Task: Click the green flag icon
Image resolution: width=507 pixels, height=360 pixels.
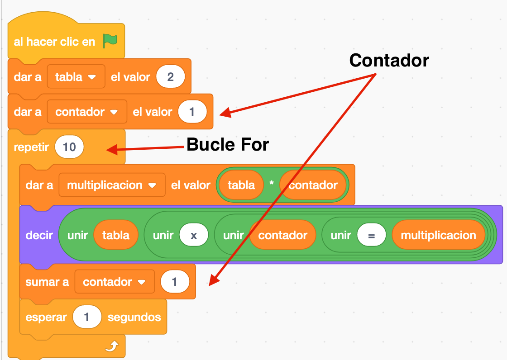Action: (x=110, y=41)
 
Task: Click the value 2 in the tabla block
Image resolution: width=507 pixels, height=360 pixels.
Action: (x=170, y=77)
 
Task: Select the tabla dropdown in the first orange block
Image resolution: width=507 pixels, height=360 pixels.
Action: (x=76, y=77)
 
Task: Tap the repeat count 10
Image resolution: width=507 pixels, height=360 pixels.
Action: (x=69, y=147)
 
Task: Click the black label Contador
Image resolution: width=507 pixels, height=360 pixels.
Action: (x=389, y=60)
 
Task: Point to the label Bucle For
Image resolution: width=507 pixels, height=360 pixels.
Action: (x=228, y=145)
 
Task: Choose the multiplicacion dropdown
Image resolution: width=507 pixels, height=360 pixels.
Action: (x=111, y=185)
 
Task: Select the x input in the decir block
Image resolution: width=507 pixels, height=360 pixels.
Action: (x=194, y=235)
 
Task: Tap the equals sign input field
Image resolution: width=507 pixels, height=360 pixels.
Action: (x=371, y=235)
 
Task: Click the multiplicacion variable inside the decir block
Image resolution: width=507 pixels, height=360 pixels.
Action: (x=438, y=235)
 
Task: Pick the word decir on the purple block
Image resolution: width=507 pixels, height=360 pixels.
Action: (x=39, y=235)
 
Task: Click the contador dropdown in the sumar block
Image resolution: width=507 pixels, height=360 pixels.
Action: (x=114, y=282)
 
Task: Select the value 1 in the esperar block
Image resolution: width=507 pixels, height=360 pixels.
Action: (x=86, y=317)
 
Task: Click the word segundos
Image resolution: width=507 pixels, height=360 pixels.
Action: (x=134, y=317)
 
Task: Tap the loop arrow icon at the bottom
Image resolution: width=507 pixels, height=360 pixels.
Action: (x=111, y=346)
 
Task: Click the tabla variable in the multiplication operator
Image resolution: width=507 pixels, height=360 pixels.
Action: (x=241, y=185)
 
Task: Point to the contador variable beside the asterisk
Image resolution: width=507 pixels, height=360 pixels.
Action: (x=313, y=185)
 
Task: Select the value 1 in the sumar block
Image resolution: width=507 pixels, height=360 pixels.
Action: (x=174, y=282)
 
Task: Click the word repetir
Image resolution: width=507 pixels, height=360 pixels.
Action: (x=31, y=147)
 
